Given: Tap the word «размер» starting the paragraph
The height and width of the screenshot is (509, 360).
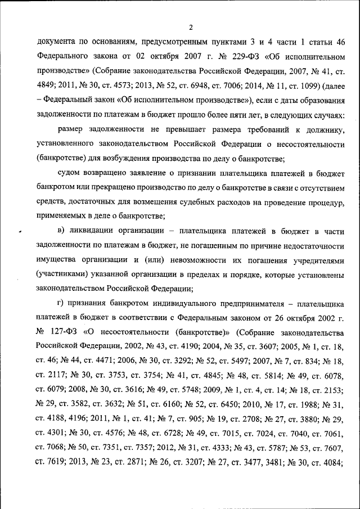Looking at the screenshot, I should coord(79,130).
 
